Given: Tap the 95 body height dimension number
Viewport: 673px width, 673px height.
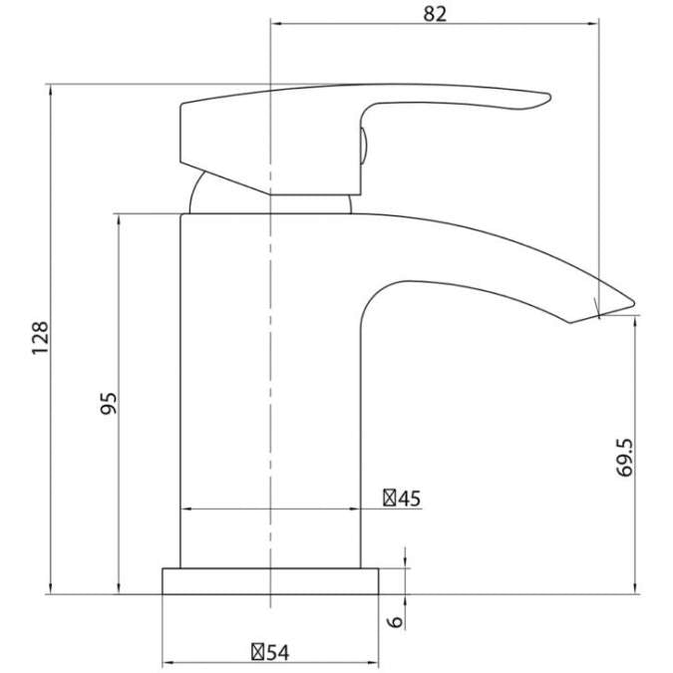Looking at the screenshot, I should [110, 403].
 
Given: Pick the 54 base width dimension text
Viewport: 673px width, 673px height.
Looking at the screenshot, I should [277, 652].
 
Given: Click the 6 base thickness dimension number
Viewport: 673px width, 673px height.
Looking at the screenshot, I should [395, 621].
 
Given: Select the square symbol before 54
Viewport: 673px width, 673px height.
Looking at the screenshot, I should [257, 652].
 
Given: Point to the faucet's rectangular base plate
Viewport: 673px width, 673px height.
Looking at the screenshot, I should [271, 581].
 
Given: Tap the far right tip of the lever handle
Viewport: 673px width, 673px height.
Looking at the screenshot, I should [547, 98].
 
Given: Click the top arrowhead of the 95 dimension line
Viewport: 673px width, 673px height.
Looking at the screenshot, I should [119, 218].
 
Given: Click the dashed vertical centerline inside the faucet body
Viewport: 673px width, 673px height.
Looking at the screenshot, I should [270, 399].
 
